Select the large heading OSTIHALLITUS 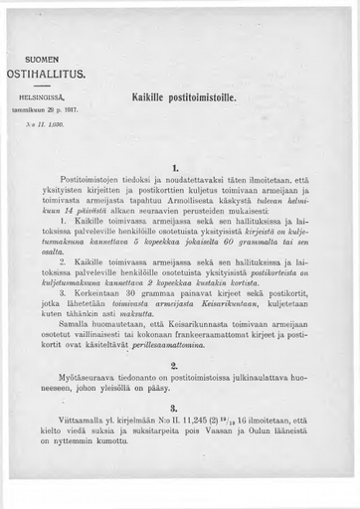pyautogui.click(x=47, y=74)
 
